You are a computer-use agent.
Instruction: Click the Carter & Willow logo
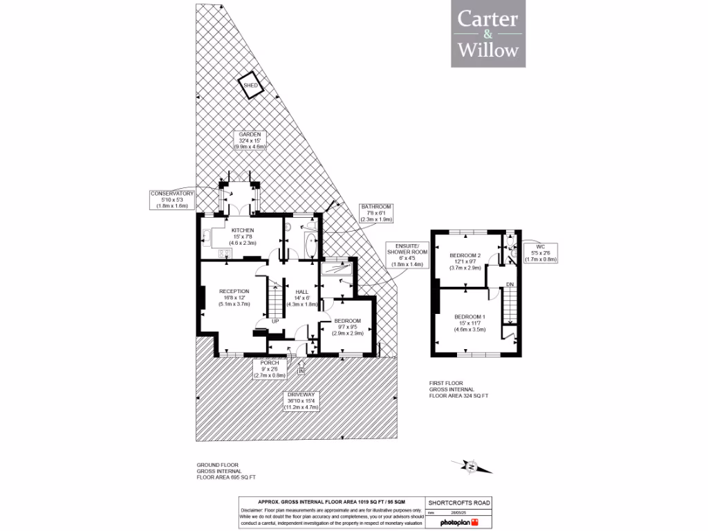[x=487, y=34]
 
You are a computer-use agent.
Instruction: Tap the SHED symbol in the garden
[x=250, y=85]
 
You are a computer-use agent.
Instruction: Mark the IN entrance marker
[x=301, y=372]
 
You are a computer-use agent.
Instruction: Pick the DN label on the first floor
[x=509, y=284]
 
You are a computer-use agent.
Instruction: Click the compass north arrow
[x=472, y=467]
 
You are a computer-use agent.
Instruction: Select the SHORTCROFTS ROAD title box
[x=459, y=503]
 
